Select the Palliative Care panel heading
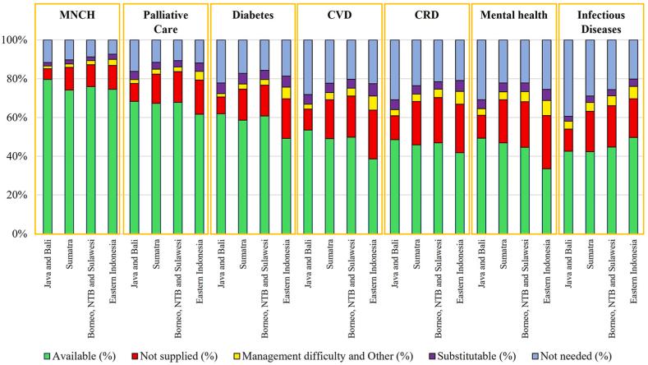(x=165, y=21)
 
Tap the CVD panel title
(x=338, y=16)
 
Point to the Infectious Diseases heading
(x=600, y=21)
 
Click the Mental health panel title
(x=512, y=16)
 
